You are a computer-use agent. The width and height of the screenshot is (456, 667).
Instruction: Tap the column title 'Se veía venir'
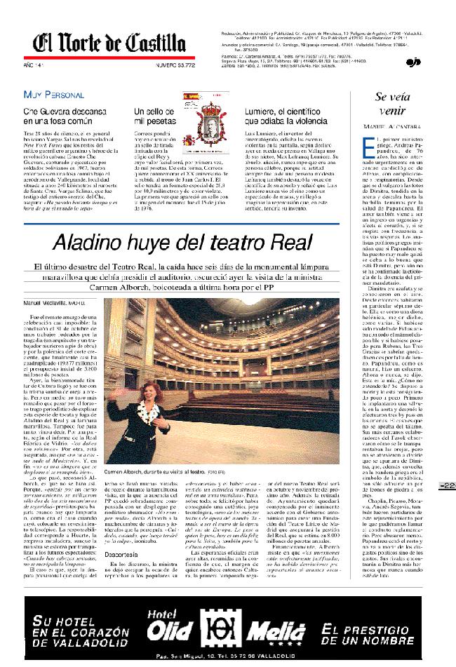pos(391,105)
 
